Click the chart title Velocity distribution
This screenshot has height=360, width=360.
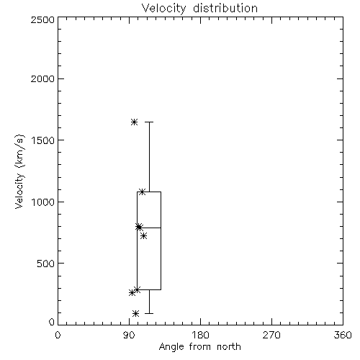(199, 9)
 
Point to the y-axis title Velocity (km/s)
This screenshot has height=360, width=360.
(19, 171)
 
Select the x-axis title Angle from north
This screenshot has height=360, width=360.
(199, 347)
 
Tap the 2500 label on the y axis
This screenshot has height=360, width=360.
(42, 19)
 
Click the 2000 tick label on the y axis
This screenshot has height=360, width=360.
(42, 78)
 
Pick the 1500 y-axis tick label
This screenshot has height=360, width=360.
(43, 140)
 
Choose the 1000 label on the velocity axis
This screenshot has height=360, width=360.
(43, 202)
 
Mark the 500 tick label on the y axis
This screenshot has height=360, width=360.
(46, 264)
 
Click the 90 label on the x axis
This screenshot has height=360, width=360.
(130, 335)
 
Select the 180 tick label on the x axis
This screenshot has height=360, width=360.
(200, 335)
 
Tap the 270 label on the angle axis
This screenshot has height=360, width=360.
(271, 335)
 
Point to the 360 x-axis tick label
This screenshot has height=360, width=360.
(343, 335)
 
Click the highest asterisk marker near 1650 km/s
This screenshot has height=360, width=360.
(134, 122)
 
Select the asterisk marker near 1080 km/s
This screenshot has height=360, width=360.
(142, 192)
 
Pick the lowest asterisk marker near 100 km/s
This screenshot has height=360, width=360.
(136, 313)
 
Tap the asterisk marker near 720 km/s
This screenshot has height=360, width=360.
(143, 236)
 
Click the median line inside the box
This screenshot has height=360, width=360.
(149, 228)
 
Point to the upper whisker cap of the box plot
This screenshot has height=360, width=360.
(149, 122)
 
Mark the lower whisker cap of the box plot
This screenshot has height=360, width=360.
(149, 313)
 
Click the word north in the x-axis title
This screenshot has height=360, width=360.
(229, 347)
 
